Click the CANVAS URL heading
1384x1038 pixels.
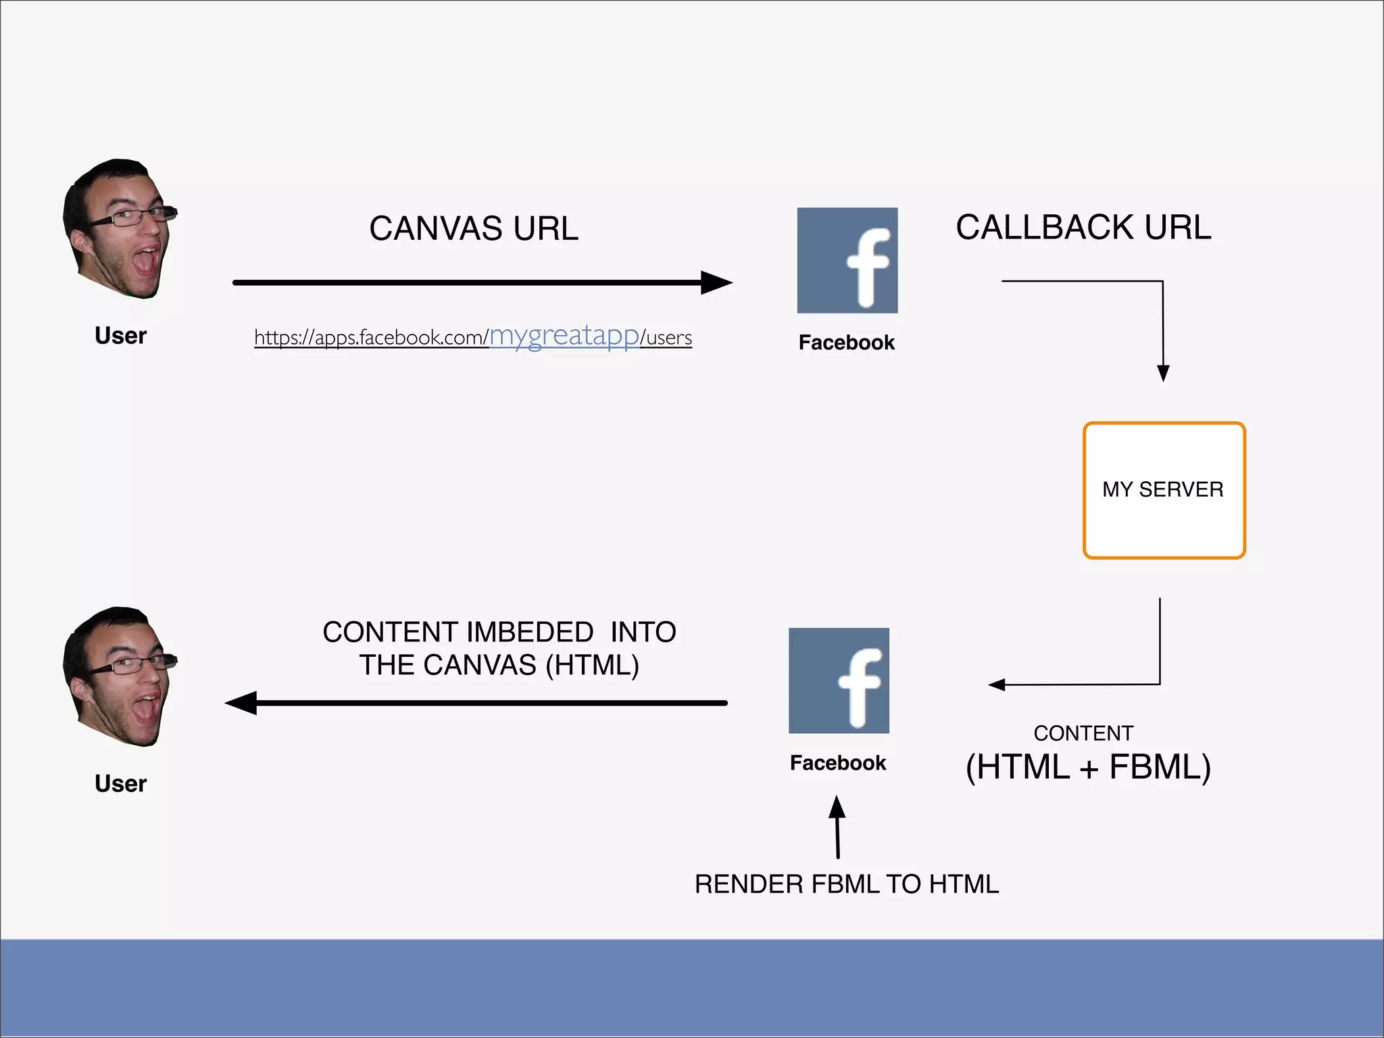click(474, 228)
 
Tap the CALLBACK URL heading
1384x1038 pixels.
click(1083, 227)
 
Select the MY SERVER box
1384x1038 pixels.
click(1164, 490)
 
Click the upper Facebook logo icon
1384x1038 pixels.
click(847, 260)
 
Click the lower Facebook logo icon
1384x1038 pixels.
click(839, 681)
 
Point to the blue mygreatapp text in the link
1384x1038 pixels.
click(564, 335)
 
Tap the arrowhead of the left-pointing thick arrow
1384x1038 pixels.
click(241, 703)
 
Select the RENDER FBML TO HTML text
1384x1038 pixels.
click(847, 884)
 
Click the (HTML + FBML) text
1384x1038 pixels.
click(1088, 767)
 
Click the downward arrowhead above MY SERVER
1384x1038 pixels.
click(1163, 373)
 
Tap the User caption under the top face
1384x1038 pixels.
click(120, 336)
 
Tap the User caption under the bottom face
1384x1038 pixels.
click(120, 784)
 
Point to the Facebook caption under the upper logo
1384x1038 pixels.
click(846, 343)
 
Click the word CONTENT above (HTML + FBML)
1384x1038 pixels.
click(1083, 733)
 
